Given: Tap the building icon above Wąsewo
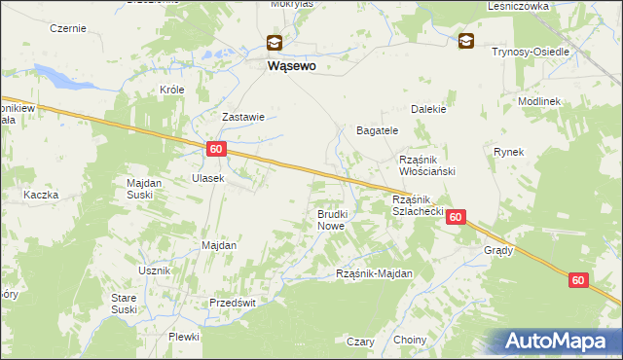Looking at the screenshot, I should pyautogui.click(x=275, y=42).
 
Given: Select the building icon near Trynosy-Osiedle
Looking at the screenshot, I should pyautogui.click(x=466, y=41).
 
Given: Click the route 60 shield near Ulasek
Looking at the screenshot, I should pyautogui.click(x=216, y=149).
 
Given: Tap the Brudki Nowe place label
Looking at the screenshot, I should pyautogui.click(x=331, y=219).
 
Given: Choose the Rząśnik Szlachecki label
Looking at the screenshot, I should pyautogui.click(x=418, y=204).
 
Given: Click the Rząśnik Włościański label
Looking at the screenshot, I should pyautogui.click(x=428, y=164).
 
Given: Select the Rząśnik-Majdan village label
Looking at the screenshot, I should pyautogui.click(x=374, y=273).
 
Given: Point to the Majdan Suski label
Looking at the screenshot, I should pyautogui.click(x=145, y=187).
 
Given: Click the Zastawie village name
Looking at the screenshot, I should pyautogui.click(x=243, y=117).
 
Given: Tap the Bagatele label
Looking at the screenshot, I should pyautogui.click(x=377, y=129).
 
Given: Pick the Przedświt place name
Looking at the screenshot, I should pyautogui.click(x=233, y=303).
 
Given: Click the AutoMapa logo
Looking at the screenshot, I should pyautogui.click(x=559, y=341).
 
